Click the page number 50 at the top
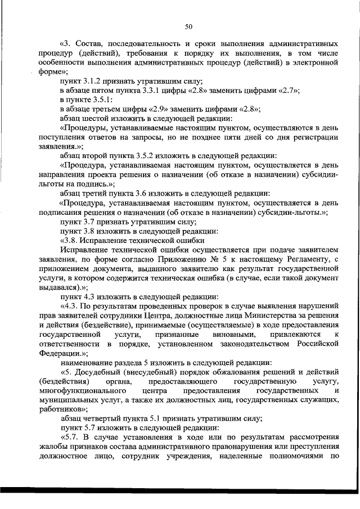click(x=189, y=25)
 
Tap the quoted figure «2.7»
click(x=287, y=91)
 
